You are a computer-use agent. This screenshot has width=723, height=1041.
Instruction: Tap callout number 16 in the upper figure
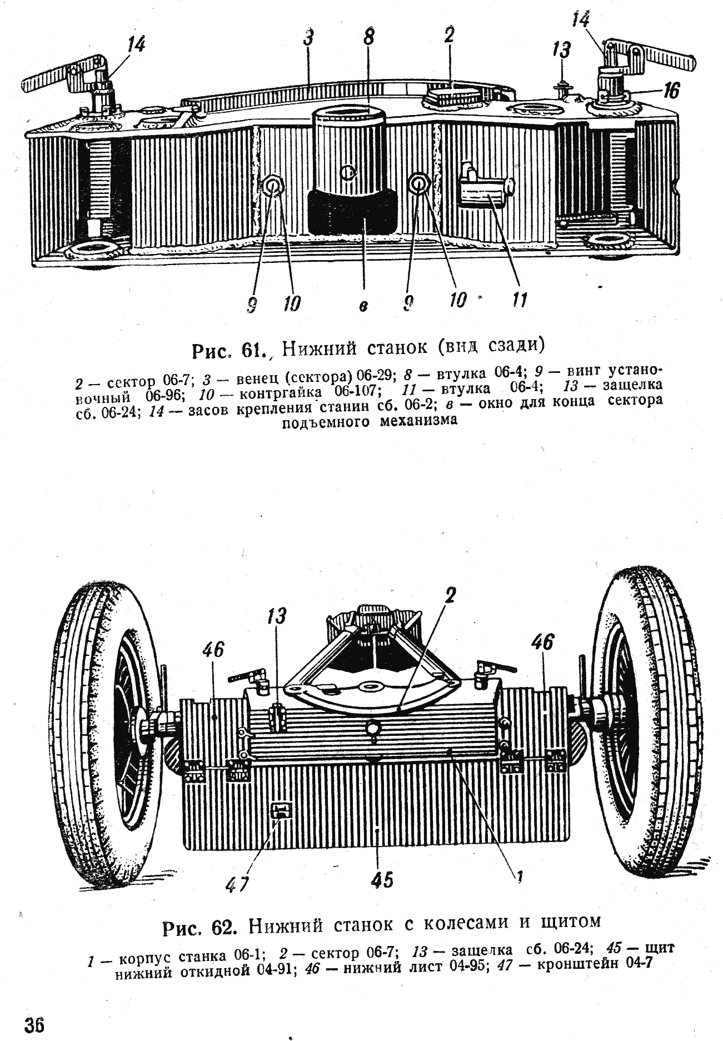tap(671, 89)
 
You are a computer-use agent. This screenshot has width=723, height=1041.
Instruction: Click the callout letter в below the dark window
tap(362, 307)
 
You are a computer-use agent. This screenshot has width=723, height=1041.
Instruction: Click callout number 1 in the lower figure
tap(519, 876)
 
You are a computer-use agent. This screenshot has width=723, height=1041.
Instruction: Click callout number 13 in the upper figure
tap(562, 51)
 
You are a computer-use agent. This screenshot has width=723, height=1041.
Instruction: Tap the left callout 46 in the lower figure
tap(214, 649)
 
